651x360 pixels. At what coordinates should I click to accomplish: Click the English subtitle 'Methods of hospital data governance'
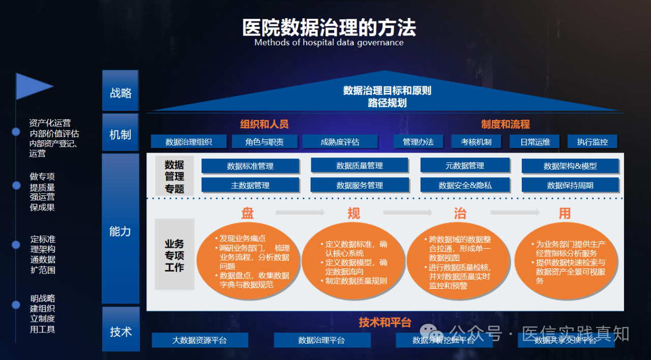pyautogui.click(x=329, y=43)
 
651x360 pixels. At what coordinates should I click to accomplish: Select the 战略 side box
pyautogui.click(x=121, y=92)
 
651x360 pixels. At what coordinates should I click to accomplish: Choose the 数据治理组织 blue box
pyautogui.click(x=188, y=142)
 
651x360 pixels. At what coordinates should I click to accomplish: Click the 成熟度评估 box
pyautogui.click(x=340, y=142)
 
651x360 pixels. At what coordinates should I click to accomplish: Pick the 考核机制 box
pyautogui.click(x=476, y=142)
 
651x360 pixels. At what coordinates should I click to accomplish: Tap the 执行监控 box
pyautogui.click(x=592, y=142)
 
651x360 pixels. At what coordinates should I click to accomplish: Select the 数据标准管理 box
pyautogui.click(x=250, y=166)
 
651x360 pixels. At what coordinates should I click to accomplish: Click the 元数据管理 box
pyautogui.click(x=464, y=165)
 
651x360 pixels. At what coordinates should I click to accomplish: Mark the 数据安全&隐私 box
pyautogui.click(x=465, y=185)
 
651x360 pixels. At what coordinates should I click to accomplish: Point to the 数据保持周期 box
pyautogui.click(x=570, y=185)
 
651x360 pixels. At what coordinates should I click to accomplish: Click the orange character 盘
pyautogui.click(x=248, y=213)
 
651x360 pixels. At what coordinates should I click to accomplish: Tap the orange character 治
pyautogui.click(x=460, y=213)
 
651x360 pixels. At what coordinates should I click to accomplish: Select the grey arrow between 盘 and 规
pyautogui.click(x=300, y=213)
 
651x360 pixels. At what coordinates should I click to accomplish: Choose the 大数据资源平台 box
pyautogui.click(x=199, y=340)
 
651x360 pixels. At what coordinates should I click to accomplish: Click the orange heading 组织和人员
pyautogui.click(x=264, y=124)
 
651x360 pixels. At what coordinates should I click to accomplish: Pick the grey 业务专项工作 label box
pyautogui.click(x=174, y=255)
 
